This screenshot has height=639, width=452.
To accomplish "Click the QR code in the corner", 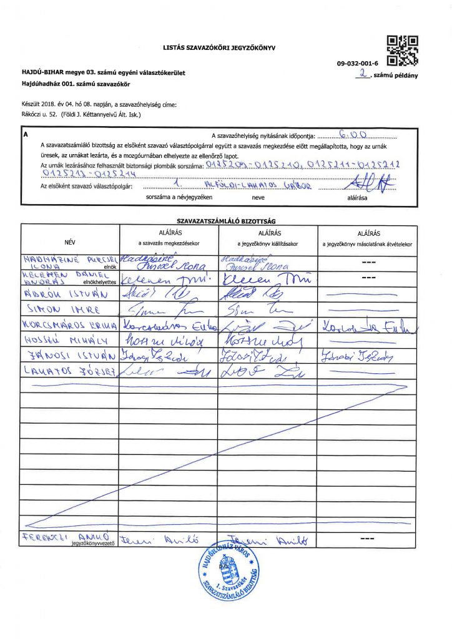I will pyautogui.click(x=402, y=50).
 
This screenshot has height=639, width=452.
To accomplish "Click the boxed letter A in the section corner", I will pyautogui.click(x=26, y=134).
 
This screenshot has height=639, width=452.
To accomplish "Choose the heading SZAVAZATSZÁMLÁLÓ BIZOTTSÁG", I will pyautogui.click(x=226, y=220).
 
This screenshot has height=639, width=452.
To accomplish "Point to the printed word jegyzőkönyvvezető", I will pyautogui.click(x=94, y=543).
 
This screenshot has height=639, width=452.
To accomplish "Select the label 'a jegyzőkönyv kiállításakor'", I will pyautogui.click(x=267, y=241).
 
